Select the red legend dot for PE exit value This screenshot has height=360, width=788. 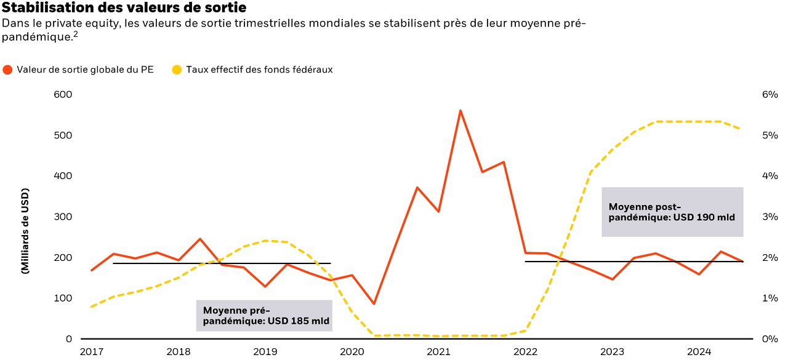(7, 70)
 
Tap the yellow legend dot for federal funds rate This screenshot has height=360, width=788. (177, 70)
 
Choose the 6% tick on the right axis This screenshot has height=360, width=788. (770, 95)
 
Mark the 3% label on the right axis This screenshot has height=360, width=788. (770, 217)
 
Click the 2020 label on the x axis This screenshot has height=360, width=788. (352, 352)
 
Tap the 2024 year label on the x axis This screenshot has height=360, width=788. (700, 352)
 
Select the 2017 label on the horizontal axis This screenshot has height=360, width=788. (91, 352)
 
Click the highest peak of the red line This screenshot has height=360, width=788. (460, 111)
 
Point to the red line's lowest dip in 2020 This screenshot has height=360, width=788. (374, 303)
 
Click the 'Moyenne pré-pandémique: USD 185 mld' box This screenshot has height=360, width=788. (264, 316)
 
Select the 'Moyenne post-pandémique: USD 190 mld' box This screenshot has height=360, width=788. (672, 212)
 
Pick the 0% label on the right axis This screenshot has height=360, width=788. (770, 339)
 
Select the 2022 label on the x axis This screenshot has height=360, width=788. (526, 352)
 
